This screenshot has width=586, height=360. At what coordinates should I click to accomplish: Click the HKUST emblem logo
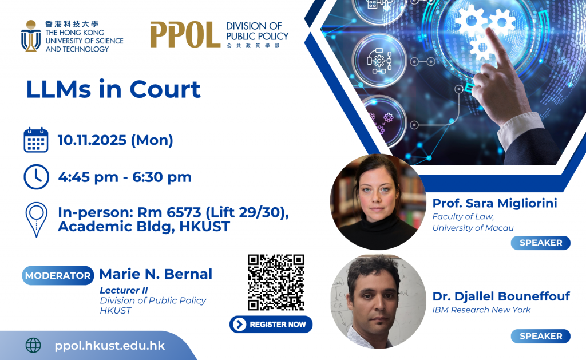pyautogui.click(x=31, y=36)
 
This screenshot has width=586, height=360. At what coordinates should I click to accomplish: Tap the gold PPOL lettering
pyautogui.click(x=185, y=34)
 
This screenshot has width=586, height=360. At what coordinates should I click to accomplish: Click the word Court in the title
pyautogui.click(x=165, y=89)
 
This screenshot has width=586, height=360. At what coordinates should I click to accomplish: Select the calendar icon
pyautogui.click(x=36, y=140)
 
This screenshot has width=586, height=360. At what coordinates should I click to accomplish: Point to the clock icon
pyautogui.click(x=36, y=177)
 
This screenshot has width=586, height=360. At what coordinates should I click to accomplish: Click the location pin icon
pyautogui.click(x=36, y=220)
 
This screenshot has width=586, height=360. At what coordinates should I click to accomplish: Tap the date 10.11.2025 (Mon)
pyautogui.click(x=116, y=140)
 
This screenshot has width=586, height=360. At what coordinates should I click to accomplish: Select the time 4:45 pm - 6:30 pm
pyautogui.click(x=125, y=177)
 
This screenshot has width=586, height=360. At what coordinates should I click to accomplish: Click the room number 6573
pyautogui.click(x=184, y=212)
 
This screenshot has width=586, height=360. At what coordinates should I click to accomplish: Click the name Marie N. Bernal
pyautogui.click(x=156, y=274)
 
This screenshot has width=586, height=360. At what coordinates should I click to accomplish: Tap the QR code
pyautogui.click(x=276, y=282)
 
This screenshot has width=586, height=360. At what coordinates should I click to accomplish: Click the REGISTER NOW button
pyautogui.click(x=271, y=324)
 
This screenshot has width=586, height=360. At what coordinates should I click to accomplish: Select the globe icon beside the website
pyautogui.click(x=33, y=345)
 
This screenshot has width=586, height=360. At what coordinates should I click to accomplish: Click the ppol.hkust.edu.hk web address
pyautogui.click(x=110, y=346)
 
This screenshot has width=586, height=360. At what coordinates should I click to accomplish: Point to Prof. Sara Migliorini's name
pyautogui.click(x=495, y=203)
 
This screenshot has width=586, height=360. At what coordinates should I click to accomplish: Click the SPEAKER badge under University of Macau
pyautogui.click(x=540, y=243)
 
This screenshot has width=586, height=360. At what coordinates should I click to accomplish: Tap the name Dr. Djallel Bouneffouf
pyautogui.click(x=501, y=296)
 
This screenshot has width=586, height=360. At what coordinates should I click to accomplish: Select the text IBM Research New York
pyautogui.click(x=481, y=310)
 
